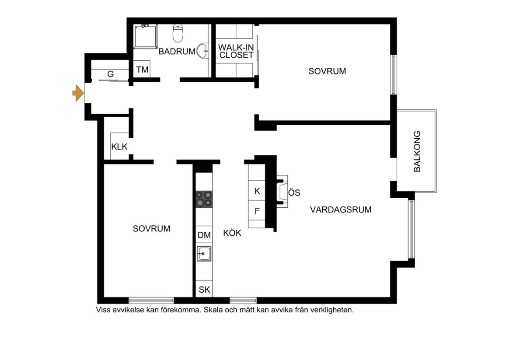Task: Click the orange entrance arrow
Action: click(x=78, y=93)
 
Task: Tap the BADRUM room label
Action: click(x=177, y=52)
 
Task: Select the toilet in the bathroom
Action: click(x=178, y=32)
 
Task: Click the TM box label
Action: click(x=142, y=70)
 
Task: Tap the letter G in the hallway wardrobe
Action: click(x=111, y=74)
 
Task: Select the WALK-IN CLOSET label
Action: click(x=236, y=51)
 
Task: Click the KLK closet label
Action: click(x=119, y=147)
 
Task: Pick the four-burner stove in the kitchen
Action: click(x=204, y=199)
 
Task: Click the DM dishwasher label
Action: click(x=204, y=235)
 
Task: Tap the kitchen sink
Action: click(x=204, y=253)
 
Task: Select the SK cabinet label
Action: click(x=204, y=290)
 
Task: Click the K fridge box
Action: click(x=257, y=191)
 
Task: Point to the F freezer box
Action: click(x=257, y=211)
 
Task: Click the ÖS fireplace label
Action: click(x=294, y=192)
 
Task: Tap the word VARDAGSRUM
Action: click(x=341, y=210)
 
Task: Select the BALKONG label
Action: click(x=417, y=151)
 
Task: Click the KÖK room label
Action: click(x=232, y=233)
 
